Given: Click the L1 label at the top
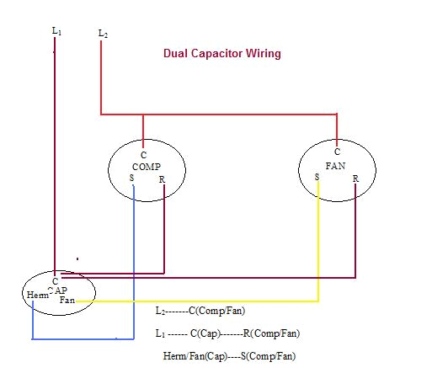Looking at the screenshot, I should click(x=56, y=30).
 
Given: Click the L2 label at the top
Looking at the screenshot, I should click(x=103, y=33).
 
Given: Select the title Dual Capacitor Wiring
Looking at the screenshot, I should click(x=221, y=53).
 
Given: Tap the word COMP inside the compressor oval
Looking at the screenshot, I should click(x=146, y=167).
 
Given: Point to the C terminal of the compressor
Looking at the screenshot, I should click(x=143, y=156).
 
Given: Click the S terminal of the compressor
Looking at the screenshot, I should click(x=132, y=178).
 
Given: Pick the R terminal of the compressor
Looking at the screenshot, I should click(x=161, y=179).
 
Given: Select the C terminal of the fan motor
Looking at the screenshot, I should click(x=336, y=152).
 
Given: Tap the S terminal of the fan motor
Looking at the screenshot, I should click(x=317, y=177).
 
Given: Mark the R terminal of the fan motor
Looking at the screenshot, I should click(x=355, y=179).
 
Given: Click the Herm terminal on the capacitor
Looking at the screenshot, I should click(x=37, y=295).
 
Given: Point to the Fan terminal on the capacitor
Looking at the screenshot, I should click(x=67, y=300).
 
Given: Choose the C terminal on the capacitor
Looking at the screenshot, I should click(x=55, y=280).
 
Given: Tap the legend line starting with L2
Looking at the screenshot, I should click(x=200, y=311).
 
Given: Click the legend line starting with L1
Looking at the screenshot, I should click(x=227, y=333).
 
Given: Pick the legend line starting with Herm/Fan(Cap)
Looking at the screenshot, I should click(x=229, y=355).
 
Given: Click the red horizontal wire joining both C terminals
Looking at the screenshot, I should click(x=219, y=115).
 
